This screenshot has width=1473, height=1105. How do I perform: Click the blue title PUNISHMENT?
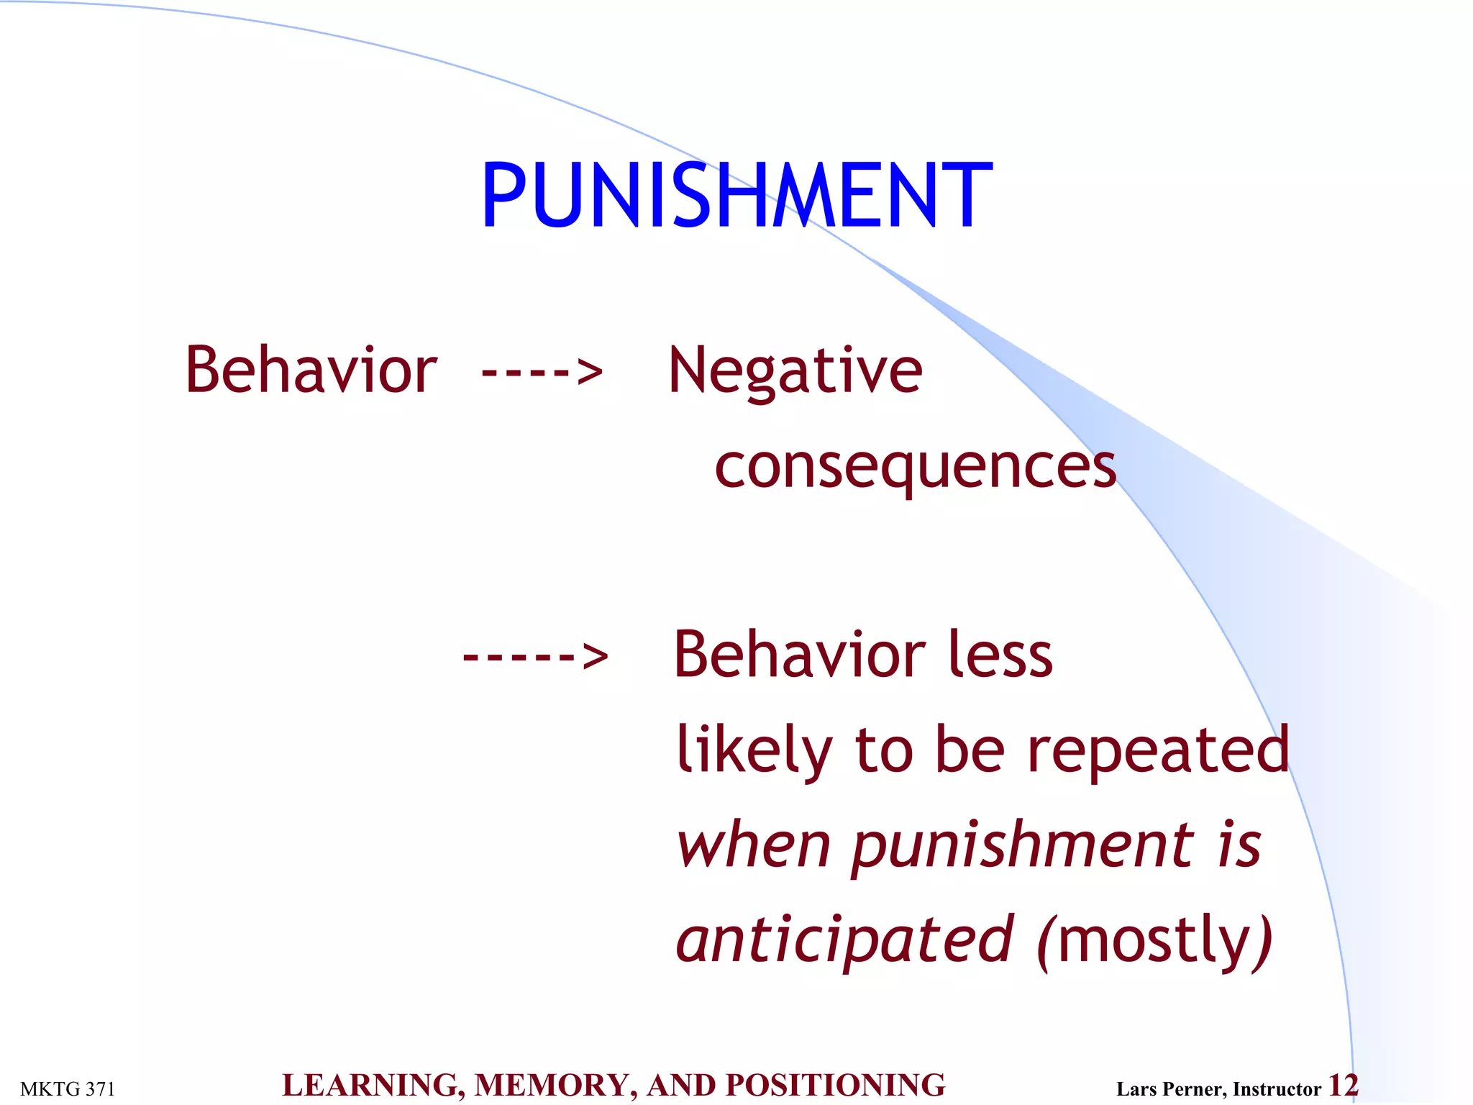pos(736,195)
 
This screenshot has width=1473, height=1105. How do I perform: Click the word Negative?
pos(795,371)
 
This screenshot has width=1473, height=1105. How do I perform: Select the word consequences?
pos(915,466)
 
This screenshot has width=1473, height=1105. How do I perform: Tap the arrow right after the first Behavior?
pos(542,372)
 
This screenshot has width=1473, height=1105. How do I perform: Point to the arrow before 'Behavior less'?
pos(535,655)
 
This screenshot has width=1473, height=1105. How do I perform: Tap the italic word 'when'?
pos(753,845)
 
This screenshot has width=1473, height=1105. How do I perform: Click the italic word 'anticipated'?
pos(844,939)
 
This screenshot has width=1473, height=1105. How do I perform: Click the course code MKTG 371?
pos(68,1089)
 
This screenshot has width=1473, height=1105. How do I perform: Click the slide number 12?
pos(1343,1086)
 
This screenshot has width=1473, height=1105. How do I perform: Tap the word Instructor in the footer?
pos(1277,1089)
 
